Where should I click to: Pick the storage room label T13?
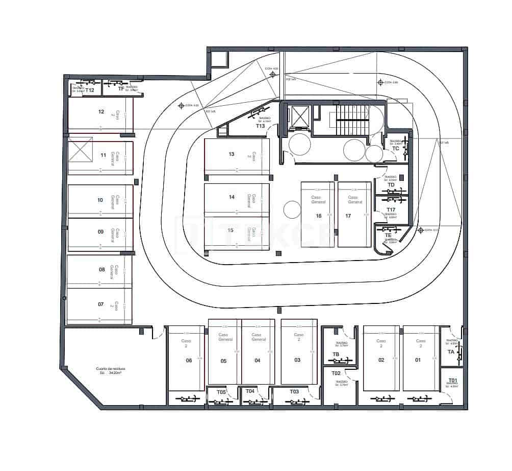point(261,126)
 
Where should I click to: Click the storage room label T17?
point(391,210)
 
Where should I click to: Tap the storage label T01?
point(452,380)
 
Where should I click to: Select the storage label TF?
point(121,89)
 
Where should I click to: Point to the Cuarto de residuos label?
point(110,368)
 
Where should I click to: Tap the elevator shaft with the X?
point(299,116)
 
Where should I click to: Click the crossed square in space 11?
point(81,150)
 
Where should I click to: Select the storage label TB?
point(336,354)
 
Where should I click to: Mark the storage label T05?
point(221,392)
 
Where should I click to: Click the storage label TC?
point(395,149)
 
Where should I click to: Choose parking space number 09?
point(100,232)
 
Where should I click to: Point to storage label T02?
point(336,373)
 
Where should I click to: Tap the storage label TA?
point(451,352)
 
